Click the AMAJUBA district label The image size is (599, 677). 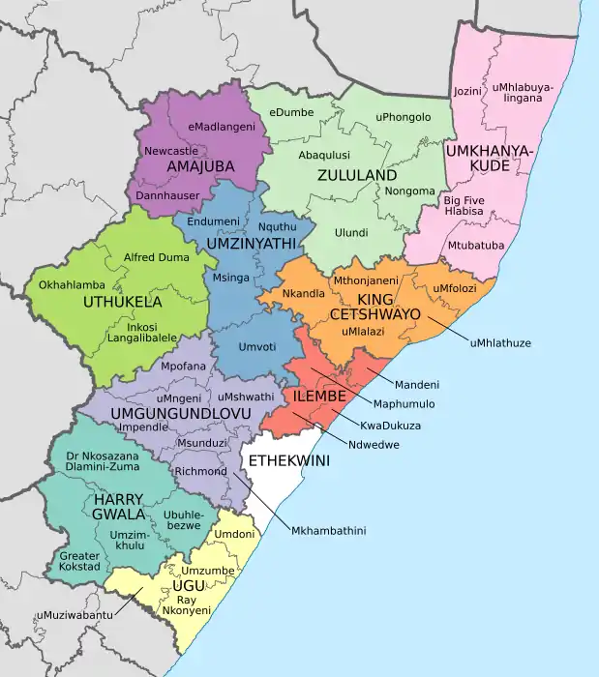(x=200, y=166)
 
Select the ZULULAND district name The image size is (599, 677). (x=356, y=176)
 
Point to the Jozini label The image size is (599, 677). (x=467, y=91)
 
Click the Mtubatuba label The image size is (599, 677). (x=475, y=246)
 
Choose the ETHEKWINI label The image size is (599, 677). (x=289, y=460)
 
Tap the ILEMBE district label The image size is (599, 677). (x=314, y=397)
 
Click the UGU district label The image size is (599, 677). (x=188, y=586)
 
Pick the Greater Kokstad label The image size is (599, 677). (x=79, y=561)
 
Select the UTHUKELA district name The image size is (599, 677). (x=124, y=302)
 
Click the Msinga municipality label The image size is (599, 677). (x=230, y=279)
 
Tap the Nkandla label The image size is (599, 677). (x=303, y=293)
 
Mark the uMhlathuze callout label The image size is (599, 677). (x=501, y=342)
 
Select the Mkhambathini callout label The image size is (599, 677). (x=329, y=530)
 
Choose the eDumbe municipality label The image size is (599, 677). (x=291, y=112)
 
